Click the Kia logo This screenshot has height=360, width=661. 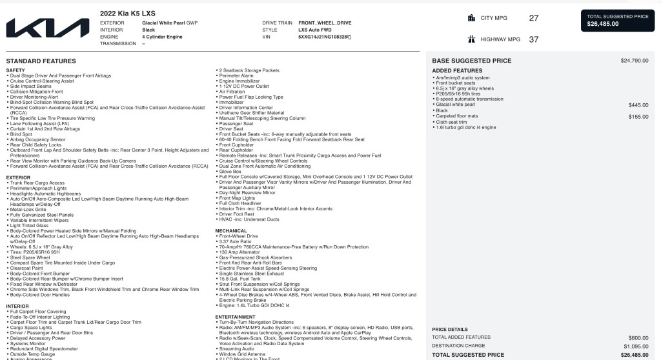click(48, 28)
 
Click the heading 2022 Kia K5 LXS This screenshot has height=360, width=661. click(127, 14)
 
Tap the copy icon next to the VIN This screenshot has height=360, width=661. click(349, 37)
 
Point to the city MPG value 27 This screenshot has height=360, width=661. click(533, 18)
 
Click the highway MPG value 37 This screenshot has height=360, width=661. click(533, 39)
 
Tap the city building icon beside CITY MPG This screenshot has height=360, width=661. click(471, 18)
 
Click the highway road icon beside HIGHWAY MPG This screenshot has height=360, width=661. click(471, 39)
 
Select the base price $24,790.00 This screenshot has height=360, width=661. click(635, 61)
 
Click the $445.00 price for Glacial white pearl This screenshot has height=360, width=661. click(638, 105)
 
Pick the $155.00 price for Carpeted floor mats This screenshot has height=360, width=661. click(638, 116)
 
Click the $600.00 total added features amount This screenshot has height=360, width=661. click(638, 337)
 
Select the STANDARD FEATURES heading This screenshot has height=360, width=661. click(41, 61)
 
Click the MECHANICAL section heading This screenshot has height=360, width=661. click(231, 230)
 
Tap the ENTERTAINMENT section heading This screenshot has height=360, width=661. click(235, 317)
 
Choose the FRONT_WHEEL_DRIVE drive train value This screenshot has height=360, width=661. click(325, 23)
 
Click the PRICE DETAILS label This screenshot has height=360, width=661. click(450, 329)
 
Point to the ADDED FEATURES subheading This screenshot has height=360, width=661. click(457, 70)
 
